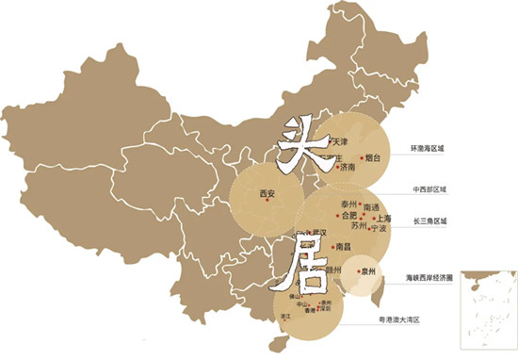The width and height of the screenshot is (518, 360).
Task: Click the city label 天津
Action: (341, 141)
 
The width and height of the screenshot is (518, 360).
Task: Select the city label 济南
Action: (348, 168)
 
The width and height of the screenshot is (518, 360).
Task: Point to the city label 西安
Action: (267, 195)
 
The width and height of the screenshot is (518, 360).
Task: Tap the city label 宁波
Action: (380, 228)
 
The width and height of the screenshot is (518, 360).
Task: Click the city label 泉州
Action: (367, 271)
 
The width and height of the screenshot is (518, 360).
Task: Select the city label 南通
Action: (372, 205)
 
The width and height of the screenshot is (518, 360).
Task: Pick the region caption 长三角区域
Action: (430, 222)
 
